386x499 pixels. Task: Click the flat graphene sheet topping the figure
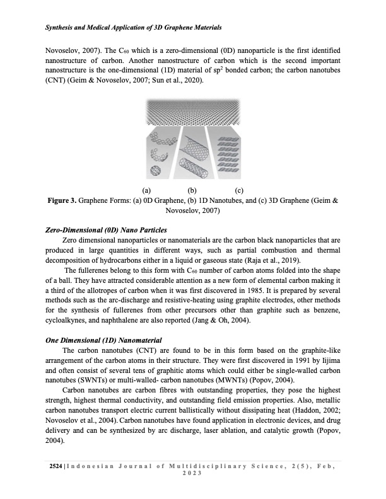tap(192, 113)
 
